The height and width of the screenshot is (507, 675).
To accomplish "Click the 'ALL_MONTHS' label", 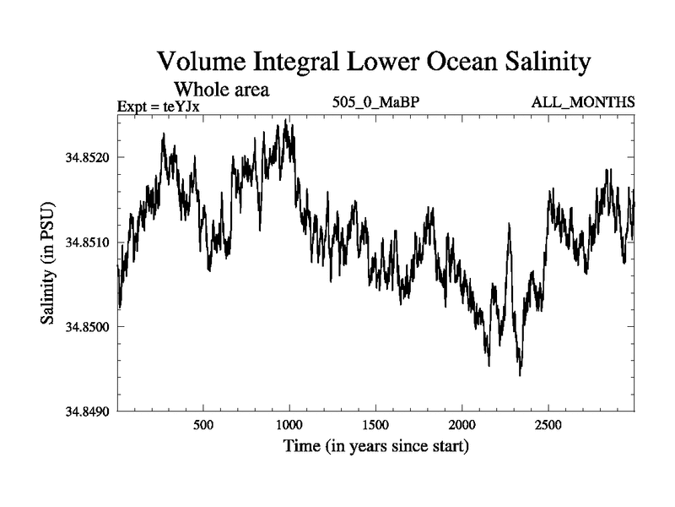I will tap(582, 103).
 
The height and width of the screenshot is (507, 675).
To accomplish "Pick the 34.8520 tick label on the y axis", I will tap(88, 157).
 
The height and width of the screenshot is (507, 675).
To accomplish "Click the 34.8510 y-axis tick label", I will tap(88, 243).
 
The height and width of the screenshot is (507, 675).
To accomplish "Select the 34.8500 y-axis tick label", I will tap(88, 327).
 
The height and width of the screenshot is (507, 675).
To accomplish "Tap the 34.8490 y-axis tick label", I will tap(88, 412).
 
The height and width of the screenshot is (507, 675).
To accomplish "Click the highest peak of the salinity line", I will tap(286, 121).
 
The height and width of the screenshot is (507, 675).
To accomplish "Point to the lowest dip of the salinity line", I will tap(520, 374).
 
